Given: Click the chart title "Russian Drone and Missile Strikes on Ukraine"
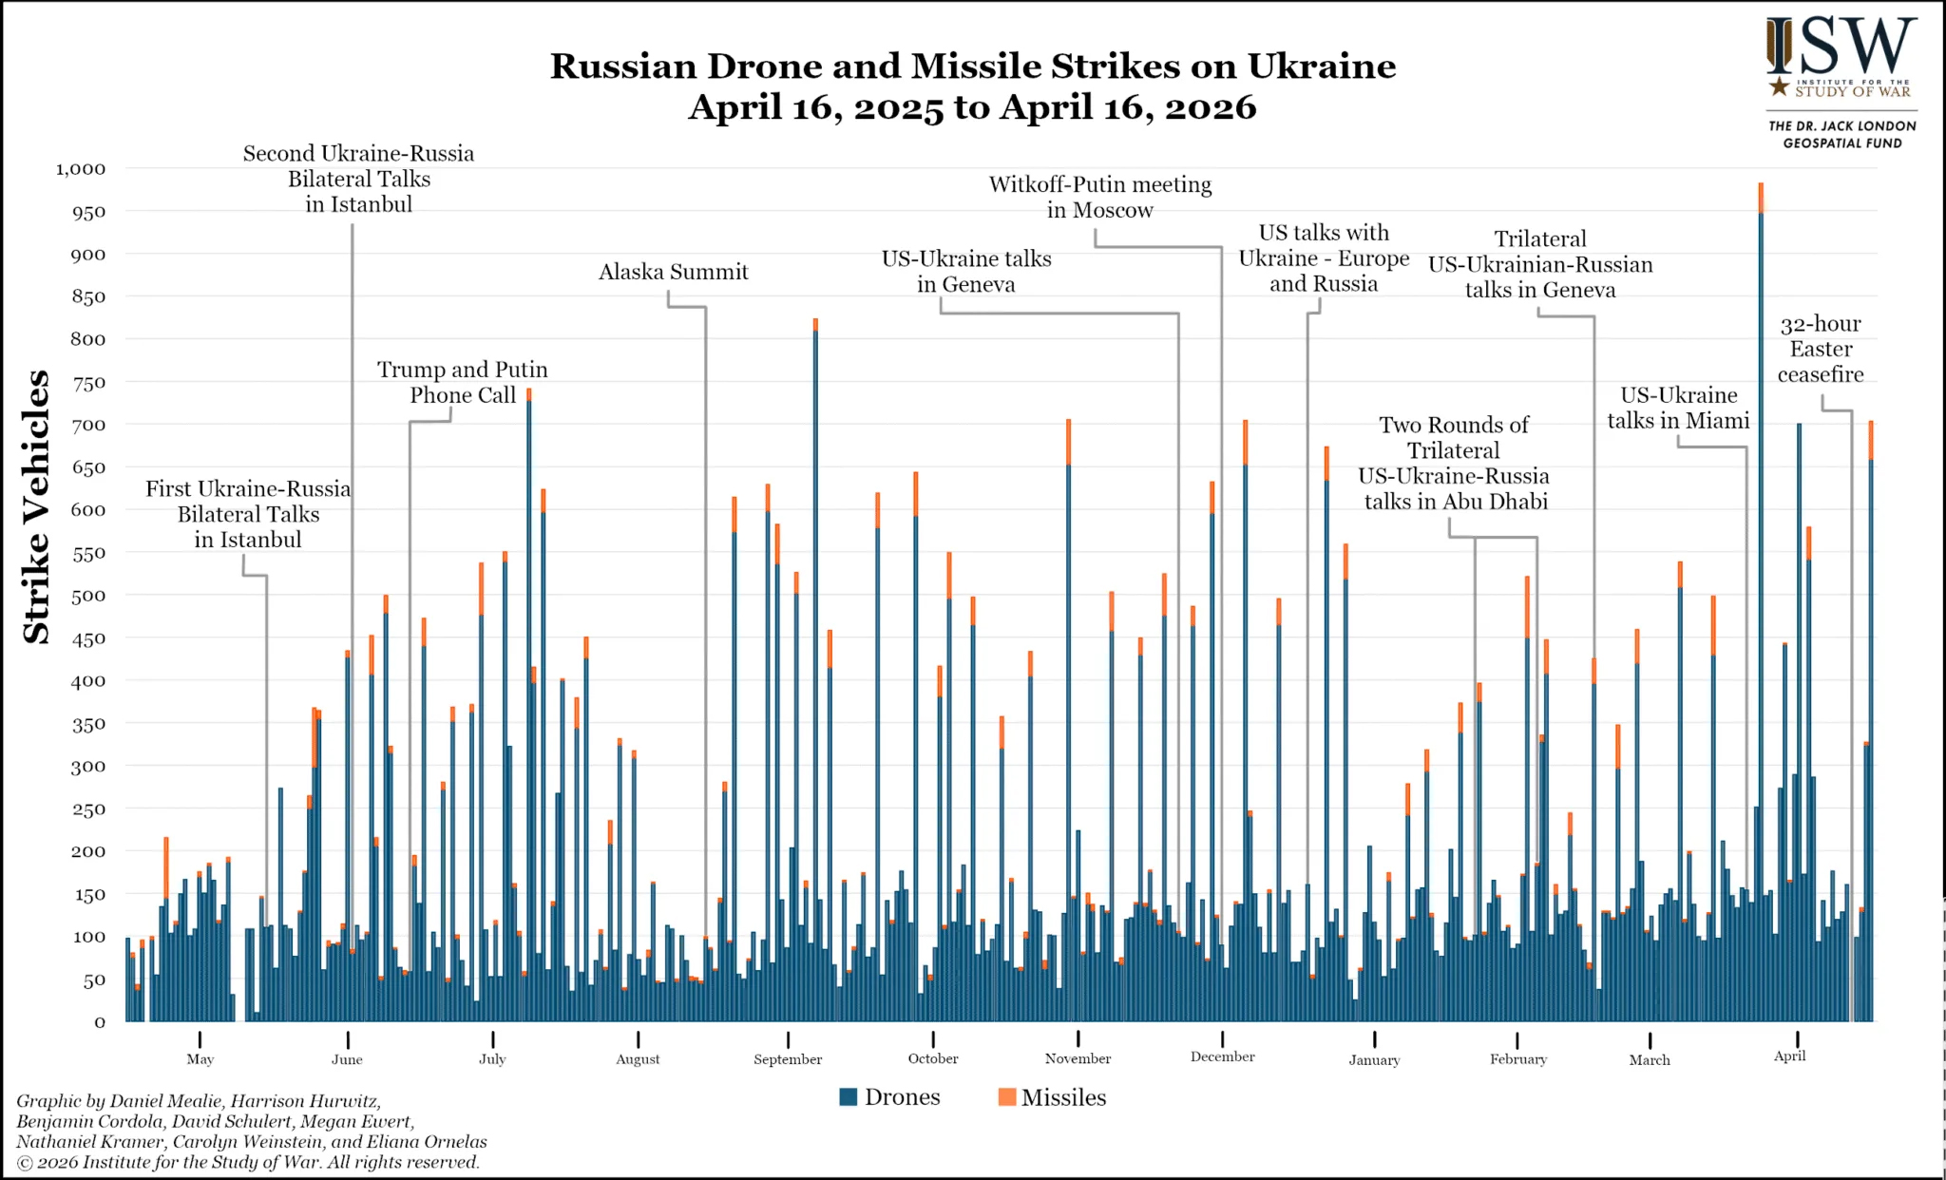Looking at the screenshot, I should click(973, 67).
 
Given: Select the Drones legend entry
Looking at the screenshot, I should click(889, 1097).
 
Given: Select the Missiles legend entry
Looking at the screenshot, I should click(1052, 1097).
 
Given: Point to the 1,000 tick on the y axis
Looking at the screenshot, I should click(81, 169).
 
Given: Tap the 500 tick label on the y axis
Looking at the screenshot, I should click(87, 596).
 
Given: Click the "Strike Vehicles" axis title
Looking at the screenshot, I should click(36, 506).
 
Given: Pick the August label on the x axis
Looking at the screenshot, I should click(638, 1059).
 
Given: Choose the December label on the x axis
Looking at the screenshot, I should click(1222, 1056).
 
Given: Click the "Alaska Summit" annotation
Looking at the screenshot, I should click(673, 273).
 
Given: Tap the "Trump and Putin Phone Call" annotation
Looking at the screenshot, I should click(463, 382).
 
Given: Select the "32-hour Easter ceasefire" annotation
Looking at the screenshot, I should click(1821, 350).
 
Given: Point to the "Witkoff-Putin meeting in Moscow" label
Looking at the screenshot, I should click(1100, 198).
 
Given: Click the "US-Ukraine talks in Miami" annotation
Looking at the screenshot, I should click(1678, 408).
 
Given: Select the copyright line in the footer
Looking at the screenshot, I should click(248, 1162).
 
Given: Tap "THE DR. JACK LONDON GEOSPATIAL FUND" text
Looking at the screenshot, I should click(1841, 134).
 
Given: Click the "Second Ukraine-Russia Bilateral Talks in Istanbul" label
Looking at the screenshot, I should click(358, 179).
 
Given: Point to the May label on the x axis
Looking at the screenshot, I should click(200, 1059).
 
